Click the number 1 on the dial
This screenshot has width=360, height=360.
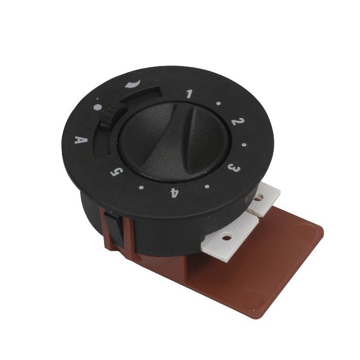tap(190, 93)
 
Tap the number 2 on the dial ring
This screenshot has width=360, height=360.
tap(238, 121)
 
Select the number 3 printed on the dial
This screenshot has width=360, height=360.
tap(234, 169)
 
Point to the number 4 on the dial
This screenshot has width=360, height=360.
tap(174, 193)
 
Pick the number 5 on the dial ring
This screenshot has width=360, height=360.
tap(117, 172)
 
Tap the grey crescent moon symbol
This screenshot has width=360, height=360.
tap(133, 84)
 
